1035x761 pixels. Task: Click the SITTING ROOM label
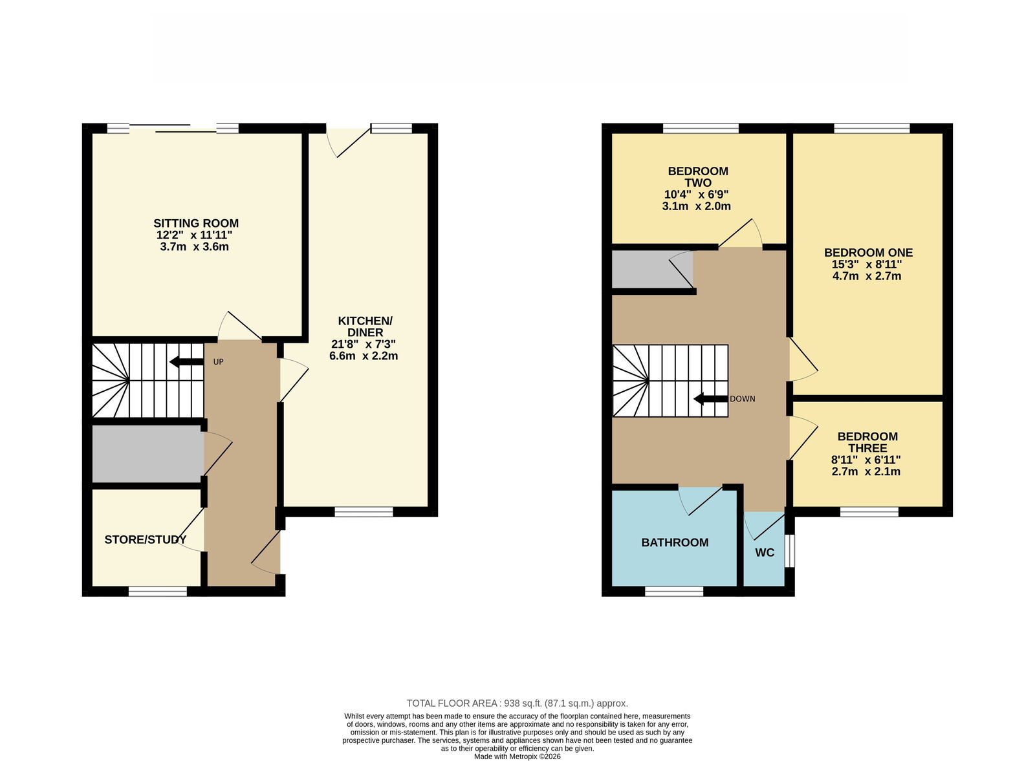point(196,224)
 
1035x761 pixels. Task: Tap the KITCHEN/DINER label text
point(365,327)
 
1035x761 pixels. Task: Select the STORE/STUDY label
point(146,540)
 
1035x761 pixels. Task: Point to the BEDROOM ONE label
point(868,253)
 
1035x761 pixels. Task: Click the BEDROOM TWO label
point(698,177)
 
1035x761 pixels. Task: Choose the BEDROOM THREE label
point(867,442)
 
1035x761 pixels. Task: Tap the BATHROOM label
point(675,542)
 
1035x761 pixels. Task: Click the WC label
point(765,553)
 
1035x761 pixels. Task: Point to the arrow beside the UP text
point(187,361)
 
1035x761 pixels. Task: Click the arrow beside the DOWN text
point(711,399)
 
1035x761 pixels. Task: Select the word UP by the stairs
point(219,362)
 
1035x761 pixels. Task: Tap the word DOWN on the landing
point(743,399)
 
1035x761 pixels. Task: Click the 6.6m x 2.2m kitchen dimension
point(364,356)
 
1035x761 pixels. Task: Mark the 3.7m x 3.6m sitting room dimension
point(195,246)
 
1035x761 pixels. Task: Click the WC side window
point(790,550)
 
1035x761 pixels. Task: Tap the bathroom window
point(674,591)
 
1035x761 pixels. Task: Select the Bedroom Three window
point(869,511)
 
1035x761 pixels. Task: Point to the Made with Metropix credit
point(517,757)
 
